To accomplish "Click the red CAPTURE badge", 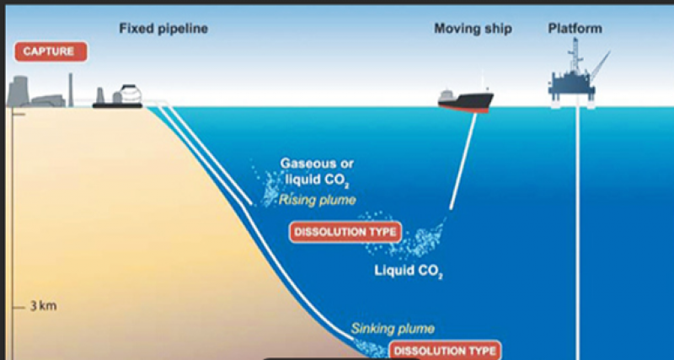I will [50, 51].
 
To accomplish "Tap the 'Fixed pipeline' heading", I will [163, 29].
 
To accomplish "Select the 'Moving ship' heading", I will [473, 29].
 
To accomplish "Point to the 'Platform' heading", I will [575, 29].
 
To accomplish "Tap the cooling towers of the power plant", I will [25, 92].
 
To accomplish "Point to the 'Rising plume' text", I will [318, 200].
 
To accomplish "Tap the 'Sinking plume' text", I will [393, 329].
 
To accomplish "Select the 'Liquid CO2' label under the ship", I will [409, 271].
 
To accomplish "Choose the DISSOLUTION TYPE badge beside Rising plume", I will [345, 230].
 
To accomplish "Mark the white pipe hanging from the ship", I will [463, 160].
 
